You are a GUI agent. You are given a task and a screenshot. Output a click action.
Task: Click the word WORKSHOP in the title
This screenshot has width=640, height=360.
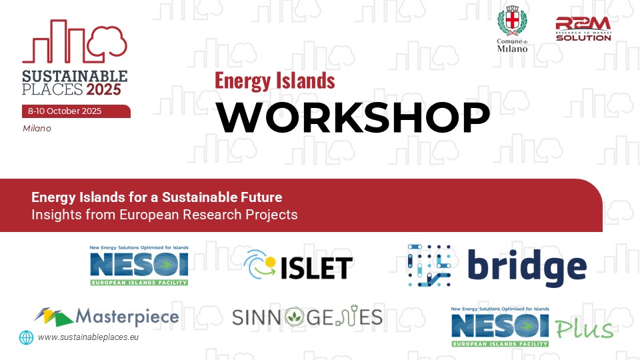tap(353, 117)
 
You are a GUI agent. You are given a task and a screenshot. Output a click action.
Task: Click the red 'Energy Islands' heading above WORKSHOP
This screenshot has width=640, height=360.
tap(275, 81)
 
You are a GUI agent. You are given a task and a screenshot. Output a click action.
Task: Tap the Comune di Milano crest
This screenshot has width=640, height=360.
tap(512, 21)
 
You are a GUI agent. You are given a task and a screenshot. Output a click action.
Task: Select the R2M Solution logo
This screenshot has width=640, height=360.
tap(583, 29)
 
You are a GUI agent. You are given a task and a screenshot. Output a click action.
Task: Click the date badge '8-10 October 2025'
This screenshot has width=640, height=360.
tap(76, 111)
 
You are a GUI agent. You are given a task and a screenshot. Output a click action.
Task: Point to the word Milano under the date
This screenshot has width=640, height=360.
tap(37, 128)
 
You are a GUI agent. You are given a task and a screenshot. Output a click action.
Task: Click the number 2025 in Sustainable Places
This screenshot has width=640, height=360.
tap(103, 89)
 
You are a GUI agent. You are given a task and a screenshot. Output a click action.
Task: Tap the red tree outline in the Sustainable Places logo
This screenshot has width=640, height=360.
tap(107, 41)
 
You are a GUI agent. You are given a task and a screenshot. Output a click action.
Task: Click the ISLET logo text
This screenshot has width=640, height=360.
tap(316, 268)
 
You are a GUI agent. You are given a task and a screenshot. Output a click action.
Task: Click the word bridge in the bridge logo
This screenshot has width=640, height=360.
tap(527, 268)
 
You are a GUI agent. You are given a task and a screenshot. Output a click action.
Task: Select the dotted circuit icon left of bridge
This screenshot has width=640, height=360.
tap(429, 265)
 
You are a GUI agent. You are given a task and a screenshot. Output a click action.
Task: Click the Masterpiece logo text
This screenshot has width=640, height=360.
tap(127, 317)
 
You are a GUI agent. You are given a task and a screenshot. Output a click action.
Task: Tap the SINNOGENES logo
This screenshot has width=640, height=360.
tap(307, 317)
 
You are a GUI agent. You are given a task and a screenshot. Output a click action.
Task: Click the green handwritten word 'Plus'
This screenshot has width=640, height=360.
tap(584, 329)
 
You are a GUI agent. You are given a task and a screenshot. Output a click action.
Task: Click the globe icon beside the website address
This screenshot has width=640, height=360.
tap(26, 337)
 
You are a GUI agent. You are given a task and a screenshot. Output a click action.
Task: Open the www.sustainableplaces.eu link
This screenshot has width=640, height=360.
tap(88, 337)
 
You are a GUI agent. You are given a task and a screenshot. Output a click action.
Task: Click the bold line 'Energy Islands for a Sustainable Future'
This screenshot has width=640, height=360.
tap(157, 197)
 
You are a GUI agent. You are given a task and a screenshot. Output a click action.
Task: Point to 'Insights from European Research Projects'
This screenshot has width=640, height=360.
tap(165, 215)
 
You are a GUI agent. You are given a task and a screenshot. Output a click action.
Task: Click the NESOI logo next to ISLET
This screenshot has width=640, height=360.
tap(139, 265)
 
